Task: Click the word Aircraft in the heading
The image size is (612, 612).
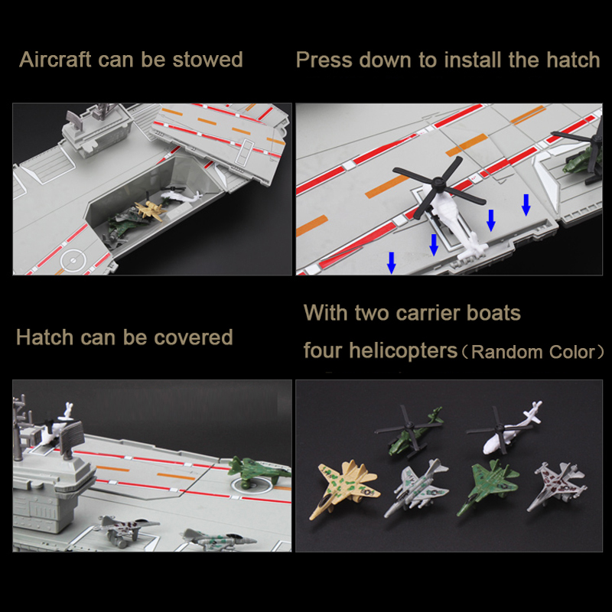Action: click(x=55, y=60)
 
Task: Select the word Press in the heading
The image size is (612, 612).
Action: click(x=324, y=60)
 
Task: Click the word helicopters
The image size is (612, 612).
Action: click(x=403, y=350)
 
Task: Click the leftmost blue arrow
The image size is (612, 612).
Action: click(x=392, y=262)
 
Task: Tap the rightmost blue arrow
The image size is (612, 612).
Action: click(x=526, y=204)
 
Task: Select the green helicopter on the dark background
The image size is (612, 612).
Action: click(x=412, y=431)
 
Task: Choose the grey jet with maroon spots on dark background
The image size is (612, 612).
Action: click(x=558, y=486)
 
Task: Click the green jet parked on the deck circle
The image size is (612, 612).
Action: click(x=259, y=471)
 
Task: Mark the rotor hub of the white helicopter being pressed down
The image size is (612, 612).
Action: click(x=438, y=181)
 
